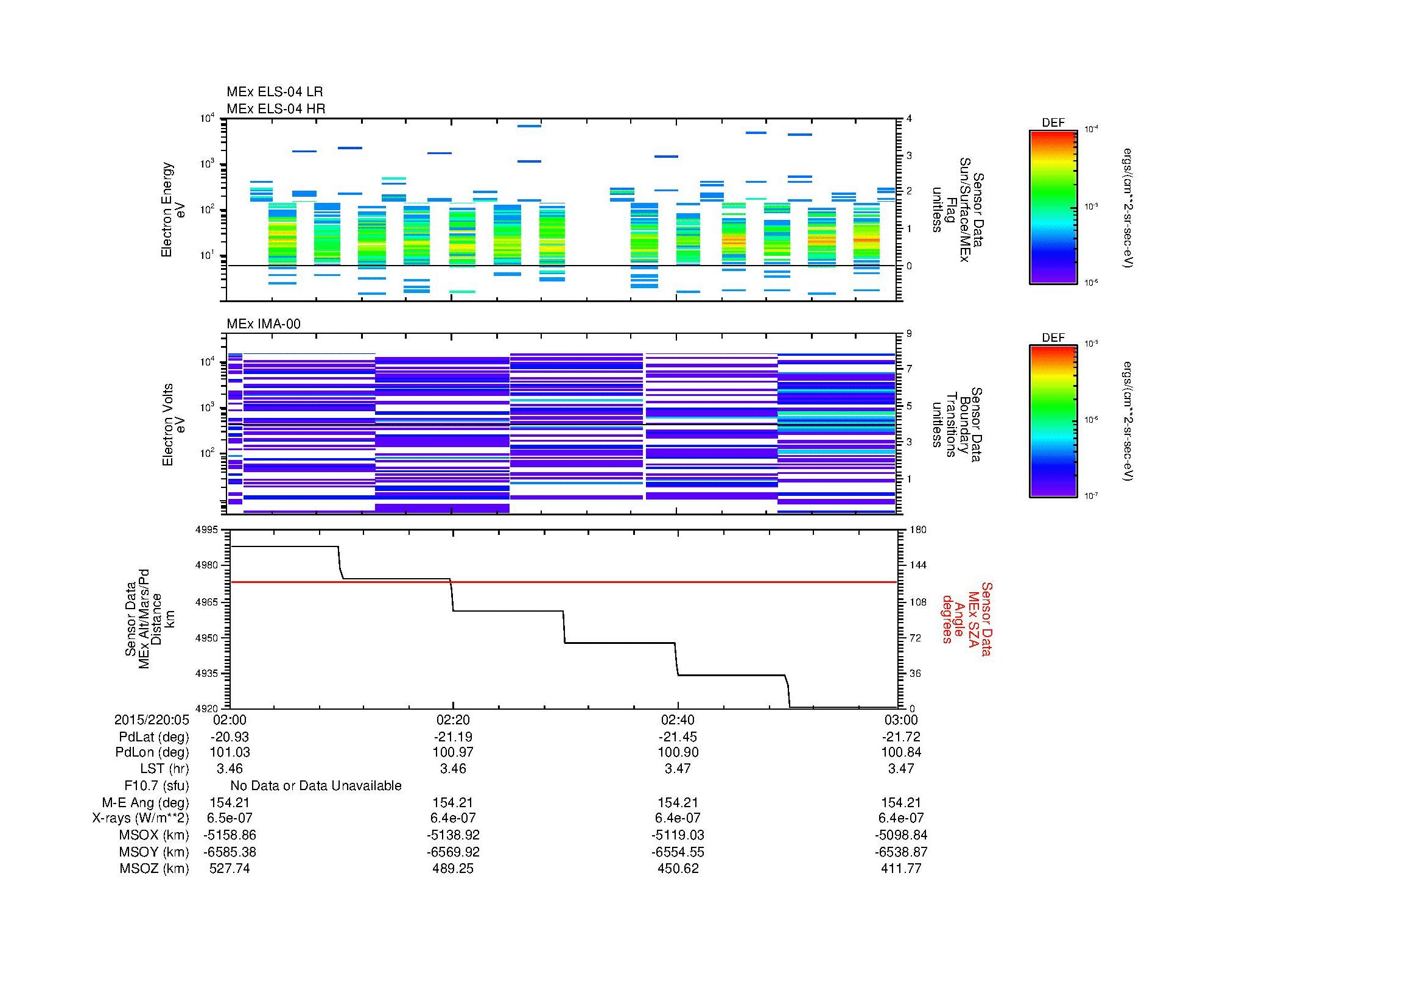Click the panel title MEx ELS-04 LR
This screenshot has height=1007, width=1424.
[274, 92]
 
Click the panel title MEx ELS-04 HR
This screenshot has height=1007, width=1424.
[275, 108]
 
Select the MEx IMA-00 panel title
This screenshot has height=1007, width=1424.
[263, 324]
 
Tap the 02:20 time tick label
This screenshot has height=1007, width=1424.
[453, 719]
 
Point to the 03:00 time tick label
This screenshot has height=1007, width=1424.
[900, 719]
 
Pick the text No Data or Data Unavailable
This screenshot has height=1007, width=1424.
[316, 786]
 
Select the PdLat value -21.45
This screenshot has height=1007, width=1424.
[677, 737]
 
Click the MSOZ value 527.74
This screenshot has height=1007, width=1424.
[230, 869]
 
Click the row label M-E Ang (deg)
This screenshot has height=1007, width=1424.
[145, 803]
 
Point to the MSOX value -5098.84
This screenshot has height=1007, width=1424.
[900, 835]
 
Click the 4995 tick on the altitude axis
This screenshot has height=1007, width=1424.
[207, 530]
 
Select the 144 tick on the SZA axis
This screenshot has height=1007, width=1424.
[917, 565]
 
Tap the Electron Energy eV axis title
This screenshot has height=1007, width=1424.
[173, 210]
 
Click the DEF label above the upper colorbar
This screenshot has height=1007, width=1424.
[1053, 123]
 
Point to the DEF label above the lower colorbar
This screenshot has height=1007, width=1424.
[1053, 337]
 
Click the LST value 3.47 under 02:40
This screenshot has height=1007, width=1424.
[677, 769]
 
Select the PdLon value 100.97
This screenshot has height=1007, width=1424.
[453, 752]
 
